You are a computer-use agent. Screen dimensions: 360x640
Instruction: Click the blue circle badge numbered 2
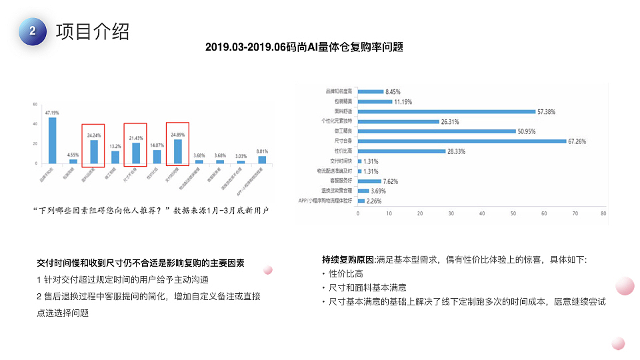click(33, 31)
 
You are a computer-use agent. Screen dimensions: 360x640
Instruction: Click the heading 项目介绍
click(93, 31)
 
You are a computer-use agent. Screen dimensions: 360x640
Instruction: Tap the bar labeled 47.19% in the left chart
click(53, 140)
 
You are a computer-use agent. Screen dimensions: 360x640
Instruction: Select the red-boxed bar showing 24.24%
click(94, 151)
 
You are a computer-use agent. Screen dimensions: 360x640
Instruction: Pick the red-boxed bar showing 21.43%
click(136, 153)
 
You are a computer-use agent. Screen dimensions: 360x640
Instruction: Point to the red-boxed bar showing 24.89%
click(177, 151)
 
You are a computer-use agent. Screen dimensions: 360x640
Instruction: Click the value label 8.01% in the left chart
click(261, 151)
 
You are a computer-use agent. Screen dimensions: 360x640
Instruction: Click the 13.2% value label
click(115, 146)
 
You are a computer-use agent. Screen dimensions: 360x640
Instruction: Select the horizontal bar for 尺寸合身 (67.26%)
click(461, 141)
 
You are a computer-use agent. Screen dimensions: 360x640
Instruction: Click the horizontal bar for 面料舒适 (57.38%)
click(446, 111)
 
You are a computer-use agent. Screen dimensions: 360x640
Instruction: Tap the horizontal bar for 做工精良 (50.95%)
click(436, 131)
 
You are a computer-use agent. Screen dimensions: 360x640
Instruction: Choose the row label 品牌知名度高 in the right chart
click(340, 91)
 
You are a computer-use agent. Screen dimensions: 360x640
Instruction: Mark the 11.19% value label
click(403, 101)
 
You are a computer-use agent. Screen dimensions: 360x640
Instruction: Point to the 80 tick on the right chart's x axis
click(603, 214)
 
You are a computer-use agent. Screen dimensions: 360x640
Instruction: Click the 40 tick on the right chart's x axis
click(481, 214)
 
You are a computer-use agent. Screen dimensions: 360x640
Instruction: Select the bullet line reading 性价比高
click(345, 273)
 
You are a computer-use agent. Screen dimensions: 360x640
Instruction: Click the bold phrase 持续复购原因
click(348, 259)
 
